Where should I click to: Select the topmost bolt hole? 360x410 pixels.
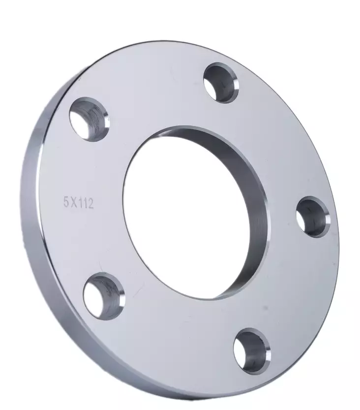219,82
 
